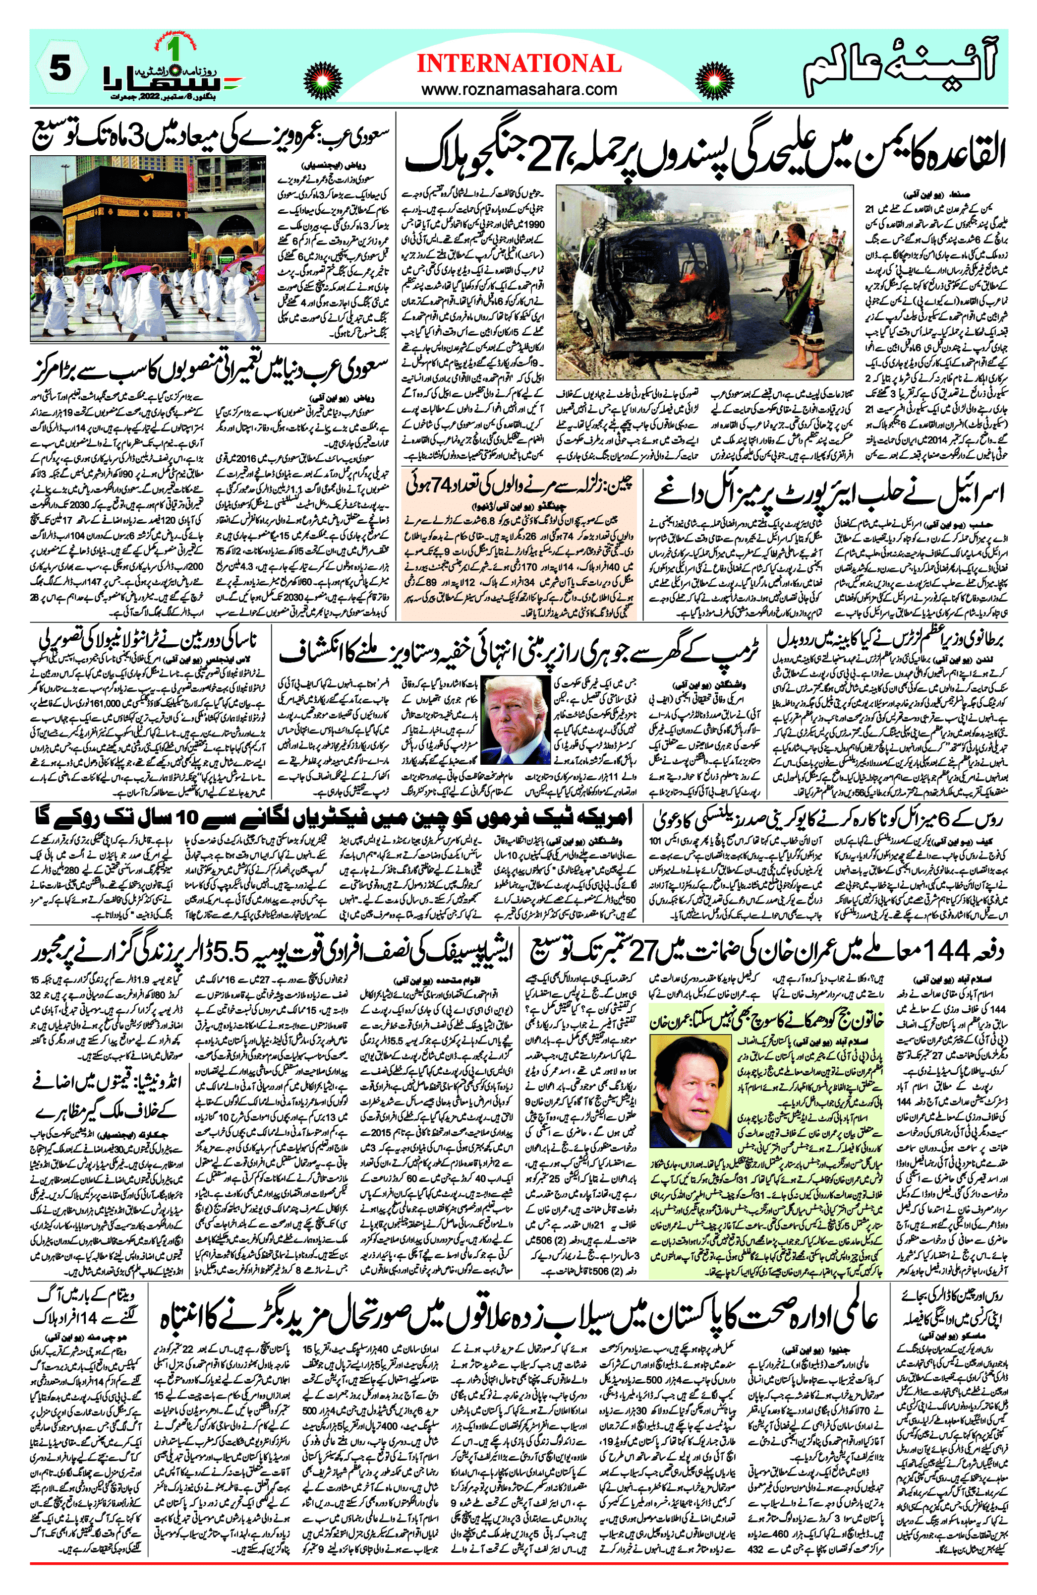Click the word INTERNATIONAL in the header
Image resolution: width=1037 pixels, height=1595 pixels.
519,64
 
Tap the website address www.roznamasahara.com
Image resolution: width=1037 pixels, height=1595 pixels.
519,89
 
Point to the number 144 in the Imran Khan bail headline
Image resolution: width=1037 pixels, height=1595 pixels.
951,950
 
